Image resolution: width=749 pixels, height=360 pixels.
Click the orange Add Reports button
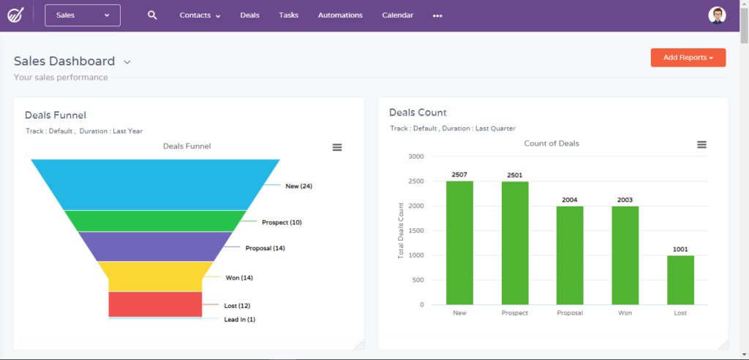[x=688, y=58]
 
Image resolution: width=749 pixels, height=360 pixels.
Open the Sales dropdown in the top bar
[x=83, y=15]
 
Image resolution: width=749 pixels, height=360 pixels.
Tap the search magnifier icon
[x=152, y=15]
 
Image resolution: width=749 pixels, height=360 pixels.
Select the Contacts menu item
[x=200, y=15]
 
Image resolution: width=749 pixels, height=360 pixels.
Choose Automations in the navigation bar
[x=340, y=15]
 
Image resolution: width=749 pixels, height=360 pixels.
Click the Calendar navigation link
[x=397, y=15]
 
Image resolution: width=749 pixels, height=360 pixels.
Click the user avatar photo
[x=718, y=15]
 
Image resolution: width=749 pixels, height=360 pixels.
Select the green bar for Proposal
[x=570, y=255]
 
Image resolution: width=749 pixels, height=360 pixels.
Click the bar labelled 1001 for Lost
[x=680, y=280]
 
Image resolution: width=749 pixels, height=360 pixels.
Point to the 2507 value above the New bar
[x=459, y=175]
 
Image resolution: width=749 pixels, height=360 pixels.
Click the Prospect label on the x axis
[x=515, y=313]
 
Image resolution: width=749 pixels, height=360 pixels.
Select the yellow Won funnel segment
[x=155, y=277]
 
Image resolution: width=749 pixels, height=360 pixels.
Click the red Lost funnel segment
[x=155, y=304]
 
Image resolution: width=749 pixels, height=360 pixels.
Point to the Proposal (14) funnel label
[x=265, y=248]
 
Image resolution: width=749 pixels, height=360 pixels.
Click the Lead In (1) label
[x=239, y=320]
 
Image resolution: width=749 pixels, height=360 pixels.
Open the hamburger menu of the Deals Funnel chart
[x=337, y=147]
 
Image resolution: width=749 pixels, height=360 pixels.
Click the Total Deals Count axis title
[x=401, y=230]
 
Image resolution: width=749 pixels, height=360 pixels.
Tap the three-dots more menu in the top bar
[x=437, y=15]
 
